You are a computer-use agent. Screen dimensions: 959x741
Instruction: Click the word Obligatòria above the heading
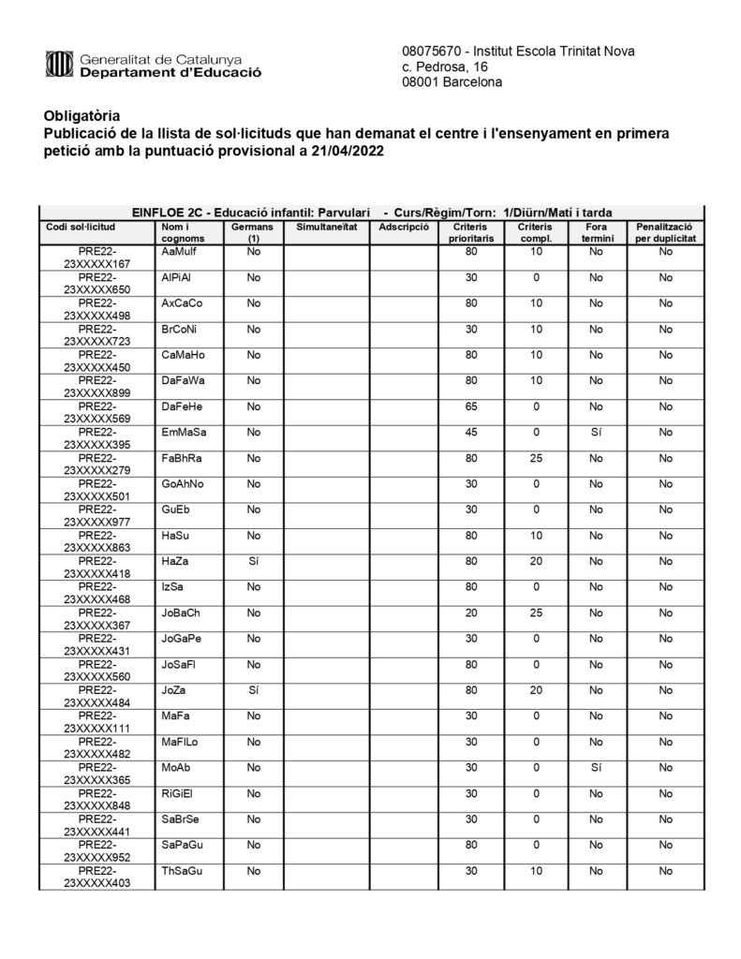(82, 116)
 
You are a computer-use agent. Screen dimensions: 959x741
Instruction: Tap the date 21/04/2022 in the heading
(345, 151)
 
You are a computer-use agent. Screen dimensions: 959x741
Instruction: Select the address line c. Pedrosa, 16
(445, 66)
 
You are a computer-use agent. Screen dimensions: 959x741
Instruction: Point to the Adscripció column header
(405, 228)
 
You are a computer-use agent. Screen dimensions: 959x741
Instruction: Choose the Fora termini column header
(596, 233)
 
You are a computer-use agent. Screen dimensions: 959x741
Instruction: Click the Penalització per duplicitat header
(664, 233)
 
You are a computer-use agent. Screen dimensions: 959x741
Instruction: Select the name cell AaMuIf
(178, 252)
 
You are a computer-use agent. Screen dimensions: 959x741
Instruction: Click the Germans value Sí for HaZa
(253, 561)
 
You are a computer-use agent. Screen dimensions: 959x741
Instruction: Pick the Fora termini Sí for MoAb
(596, 767)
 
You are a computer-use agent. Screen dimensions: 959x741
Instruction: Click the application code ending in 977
(96, 516)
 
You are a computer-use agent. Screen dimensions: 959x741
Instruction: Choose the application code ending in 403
(96, 877)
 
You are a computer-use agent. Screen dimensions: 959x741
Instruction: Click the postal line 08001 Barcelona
(452, 82)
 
